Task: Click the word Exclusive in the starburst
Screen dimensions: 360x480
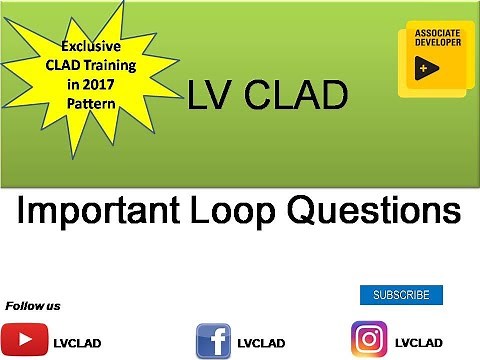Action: (92, 46)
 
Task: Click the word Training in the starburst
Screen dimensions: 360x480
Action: (112, 65)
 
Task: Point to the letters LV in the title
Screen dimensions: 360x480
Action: (210, 96)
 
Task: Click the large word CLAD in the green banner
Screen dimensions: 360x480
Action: (294, 96)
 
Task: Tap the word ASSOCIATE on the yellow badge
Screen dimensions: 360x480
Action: (437, 33)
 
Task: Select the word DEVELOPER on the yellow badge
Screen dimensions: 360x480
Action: (437, 44)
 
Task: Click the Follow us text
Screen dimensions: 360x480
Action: (33, 305)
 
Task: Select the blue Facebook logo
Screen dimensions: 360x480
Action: (213, 340)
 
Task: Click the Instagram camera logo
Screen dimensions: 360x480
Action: (369, 339)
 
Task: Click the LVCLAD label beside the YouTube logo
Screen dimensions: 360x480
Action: (76, 342)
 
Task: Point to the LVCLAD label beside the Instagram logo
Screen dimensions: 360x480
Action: (419, 342)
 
